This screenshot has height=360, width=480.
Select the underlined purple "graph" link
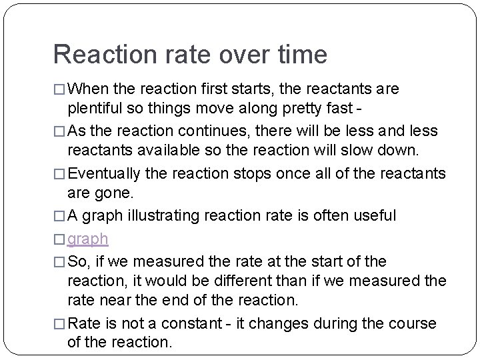[89, 238]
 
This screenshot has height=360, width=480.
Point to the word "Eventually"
[104, 174]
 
